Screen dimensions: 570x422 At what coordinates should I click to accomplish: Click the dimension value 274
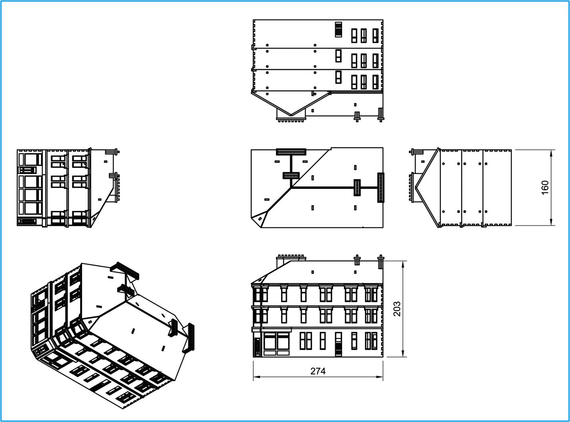pyautogui.click(x=318, y=371)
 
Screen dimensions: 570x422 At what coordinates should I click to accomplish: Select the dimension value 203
pyautogui.click(x=397, y=309)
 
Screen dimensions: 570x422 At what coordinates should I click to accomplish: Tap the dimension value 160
pyautogui.click(x=545, y=188)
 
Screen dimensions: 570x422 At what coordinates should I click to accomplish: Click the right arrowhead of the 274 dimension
pyautogui.click(x=380, y=377)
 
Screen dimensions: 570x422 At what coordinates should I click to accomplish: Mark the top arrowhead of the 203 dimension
pyautogui.click(x=403, y=264)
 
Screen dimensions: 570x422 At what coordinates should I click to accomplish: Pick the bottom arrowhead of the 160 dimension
pyautogui.click(x=551, y=222)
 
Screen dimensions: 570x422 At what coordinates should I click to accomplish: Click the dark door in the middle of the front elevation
pyautogui.click(x=338, y=344)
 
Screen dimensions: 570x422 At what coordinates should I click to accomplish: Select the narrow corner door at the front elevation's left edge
pyautogui.click(x=257, y=347)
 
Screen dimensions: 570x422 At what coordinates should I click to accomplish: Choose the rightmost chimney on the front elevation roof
pyautogui.click(x=380, y=262)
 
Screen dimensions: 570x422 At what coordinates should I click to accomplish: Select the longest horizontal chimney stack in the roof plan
pyautogui.click(x=291, y=152)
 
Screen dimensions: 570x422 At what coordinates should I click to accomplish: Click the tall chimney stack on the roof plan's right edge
pyautogui.click(x=380, y=188)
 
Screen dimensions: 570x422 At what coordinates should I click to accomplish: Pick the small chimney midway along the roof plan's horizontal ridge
pyautogui.click(x=357, y=188)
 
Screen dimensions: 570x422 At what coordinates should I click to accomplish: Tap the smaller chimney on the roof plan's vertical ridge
pyautogui.click(x=291, y=175)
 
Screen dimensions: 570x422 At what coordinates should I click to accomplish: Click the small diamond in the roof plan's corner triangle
pyautogui.click(x=260, y=219)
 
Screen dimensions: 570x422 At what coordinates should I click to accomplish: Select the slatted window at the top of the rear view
pyautogui.click(x=338, y=30)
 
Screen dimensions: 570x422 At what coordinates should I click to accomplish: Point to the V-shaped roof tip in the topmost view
pyautogui.click(x=291, y=115)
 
